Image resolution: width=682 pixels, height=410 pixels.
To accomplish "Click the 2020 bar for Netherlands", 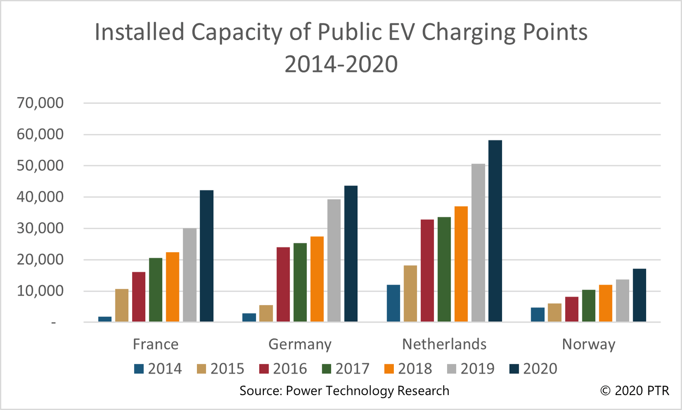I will point(495,231).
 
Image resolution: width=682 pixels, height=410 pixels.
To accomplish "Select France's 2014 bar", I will point(105,319).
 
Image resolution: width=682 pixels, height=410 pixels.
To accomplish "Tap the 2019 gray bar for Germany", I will point(334,260).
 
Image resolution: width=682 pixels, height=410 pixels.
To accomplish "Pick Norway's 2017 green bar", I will point(589,305).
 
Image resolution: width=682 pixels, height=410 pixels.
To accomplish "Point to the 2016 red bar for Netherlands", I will point(427,270).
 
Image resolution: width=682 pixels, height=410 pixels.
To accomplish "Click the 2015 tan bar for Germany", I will point(266,313).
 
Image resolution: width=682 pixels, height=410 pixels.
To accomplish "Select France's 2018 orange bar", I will point(173,287).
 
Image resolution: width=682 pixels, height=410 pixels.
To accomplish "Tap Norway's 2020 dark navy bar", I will point(639,295).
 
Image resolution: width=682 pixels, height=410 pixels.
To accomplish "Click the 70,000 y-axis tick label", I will point(40,103).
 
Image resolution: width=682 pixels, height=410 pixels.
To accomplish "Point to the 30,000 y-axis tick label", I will point(40,228).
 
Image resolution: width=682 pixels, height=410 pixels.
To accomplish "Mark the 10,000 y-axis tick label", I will point(40,291).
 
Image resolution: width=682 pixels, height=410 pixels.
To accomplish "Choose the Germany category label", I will point(300,344).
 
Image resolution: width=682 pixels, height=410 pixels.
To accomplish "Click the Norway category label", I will point(589,344).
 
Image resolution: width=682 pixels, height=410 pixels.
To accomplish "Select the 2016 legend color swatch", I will point(264,369).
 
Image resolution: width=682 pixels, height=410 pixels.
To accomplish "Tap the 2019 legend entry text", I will point(477,369).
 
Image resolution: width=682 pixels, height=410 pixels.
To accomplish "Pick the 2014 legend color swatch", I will point(139,369).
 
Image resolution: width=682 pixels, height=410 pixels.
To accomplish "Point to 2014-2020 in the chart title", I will point(341,64).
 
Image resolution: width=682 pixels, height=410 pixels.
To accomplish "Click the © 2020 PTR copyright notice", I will point(635,390).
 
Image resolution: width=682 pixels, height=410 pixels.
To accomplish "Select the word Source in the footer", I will point(259,391).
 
